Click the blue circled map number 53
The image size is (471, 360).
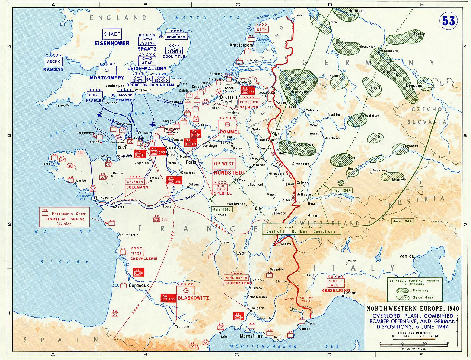tap(449, 21)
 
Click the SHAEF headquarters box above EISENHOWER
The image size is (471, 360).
tap(112, 34)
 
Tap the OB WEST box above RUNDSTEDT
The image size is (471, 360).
tap(223, 164)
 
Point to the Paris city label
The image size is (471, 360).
tap(191, 162)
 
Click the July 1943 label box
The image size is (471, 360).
tap(222, 209)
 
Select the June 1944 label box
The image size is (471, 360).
tap(402, 221)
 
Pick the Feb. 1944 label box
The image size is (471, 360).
tap(341, 190)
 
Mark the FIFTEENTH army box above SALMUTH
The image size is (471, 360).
tap(249, 102)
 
